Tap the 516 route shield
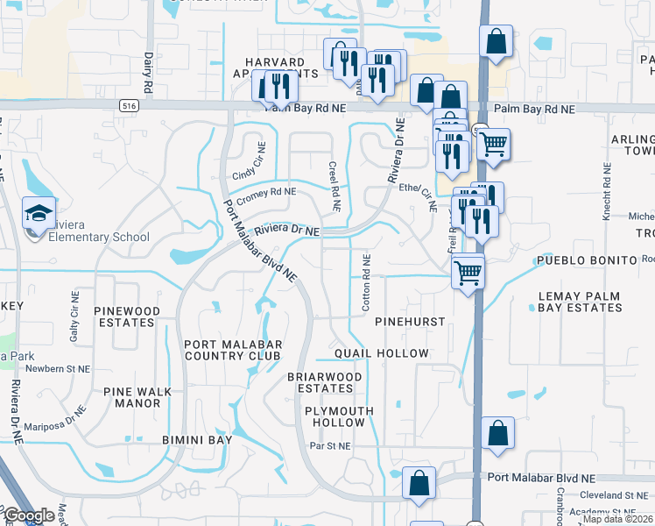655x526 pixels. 130,105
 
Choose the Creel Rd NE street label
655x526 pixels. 334,186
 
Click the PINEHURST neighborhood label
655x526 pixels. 410,323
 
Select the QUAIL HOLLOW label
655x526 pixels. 382,353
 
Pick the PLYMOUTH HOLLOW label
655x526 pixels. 339,416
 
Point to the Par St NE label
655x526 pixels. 330,446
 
